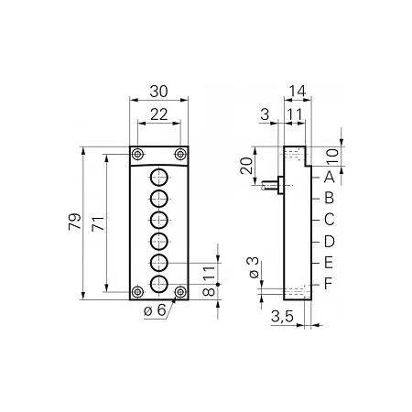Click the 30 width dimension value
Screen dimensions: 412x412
tap(158, 92)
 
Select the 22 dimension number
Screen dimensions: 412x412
tap(159, 114)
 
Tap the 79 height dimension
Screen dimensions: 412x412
tap(75, 222)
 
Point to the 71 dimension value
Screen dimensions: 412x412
tap(98, 223)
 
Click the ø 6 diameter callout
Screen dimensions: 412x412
tap(155, 310)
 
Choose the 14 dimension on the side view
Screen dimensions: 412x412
tap(298, 91)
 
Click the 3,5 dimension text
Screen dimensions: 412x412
tap(282, 317)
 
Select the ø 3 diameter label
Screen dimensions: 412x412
tap(254, 267)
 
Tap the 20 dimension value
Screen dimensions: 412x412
tap(246, 166)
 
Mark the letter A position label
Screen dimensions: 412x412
tap(329, 177)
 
